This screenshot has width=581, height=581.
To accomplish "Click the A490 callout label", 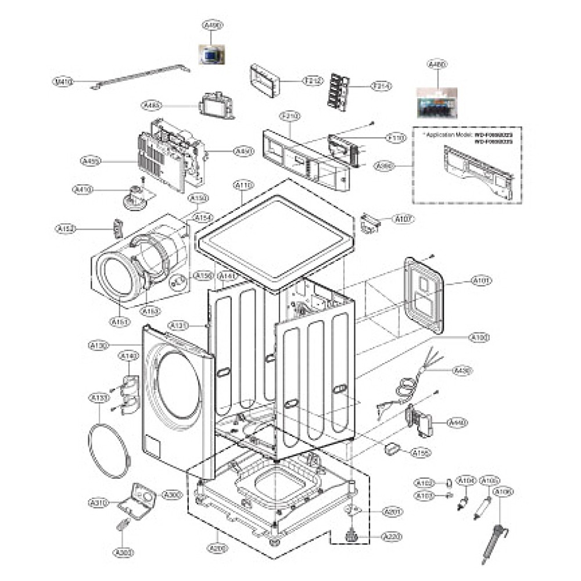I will coord(213,26).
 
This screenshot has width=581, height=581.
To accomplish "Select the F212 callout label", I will coord(312,81).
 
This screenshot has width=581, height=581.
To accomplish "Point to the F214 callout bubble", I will coord(382,86).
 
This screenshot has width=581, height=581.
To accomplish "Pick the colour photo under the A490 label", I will coord(213,55).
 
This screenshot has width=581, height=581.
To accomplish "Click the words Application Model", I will coord(447,135).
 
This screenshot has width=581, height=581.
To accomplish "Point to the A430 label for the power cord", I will coord(462,370).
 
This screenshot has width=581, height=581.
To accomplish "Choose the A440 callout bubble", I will coord(457,423).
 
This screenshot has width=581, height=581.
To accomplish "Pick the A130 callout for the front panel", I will coord(98,346).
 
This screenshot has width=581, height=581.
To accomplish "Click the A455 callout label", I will coord(91,160).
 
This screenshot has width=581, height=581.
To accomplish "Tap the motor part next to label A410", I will coord(136,197).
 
